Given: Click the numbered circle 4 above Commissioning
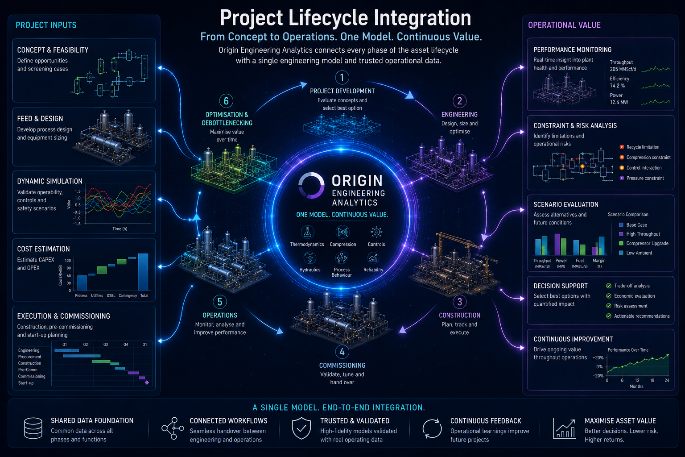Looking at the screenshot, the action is pos(342,352).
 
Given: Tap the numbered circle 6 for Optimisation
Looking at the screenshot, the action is pos(226,101).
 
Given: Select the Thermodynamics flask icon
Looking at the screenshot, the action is pos(307,233).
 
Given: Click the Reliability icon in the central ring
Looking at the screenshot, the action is pos(373,258).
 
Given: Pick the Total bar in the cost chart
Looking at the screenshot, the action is pos(143,272).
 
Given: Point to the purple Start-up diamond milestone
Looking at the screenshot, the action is pos(147,382).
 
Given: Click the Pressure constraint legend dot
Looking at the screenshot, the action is pos(622,178).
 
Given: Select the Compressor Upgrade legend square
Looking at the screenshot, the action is pos(621,243).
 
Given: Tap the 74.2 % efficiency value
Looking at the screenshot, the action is pos(617,86).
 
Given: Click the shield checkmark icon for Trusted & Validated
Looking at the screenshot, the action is pos(301,428).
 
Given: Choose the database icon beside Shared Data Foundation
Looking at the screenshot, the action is pos(33,428).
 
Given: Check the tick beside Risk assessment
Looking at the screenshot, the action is pos(609,306).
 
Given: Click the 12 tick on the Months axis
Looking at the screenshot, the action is pos(637,380).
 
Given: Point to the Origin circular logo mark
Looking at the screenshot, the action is pos(311,185).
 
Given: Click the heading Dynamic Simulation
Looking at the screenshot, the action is pos(50,181).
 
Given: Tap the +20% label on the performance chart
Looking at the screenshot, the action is pos(598,357).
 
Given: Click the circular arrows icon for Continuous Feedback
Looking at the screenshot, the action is pos(432,428).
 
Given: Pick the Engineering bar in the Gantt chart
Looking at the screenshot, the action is pos(66,350).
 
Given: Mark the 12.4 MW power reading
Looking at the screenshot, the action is pos(619,102).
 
